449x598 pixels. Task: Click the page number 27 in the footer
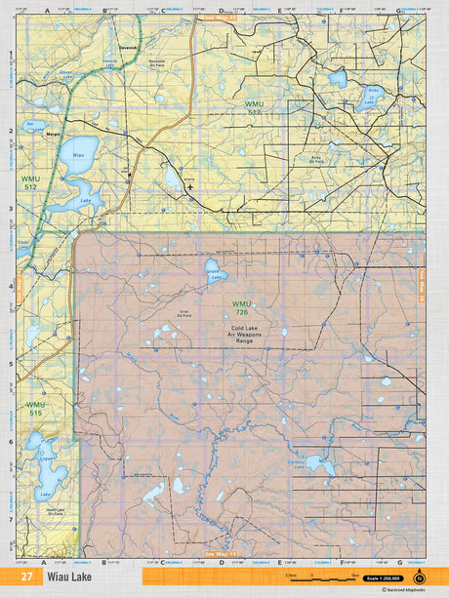click(26, 576)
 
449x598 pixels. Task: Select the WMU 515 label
click(35, 408)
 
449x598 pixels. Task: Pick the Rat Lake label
click(30, 126)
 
